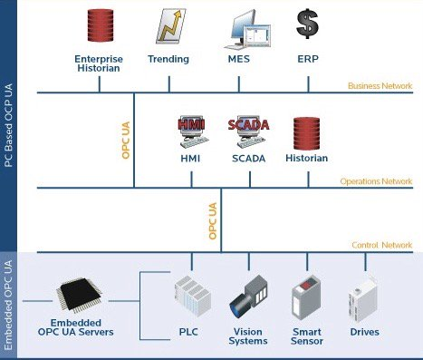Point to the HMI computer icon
pyautogui.click(x=191, y=133)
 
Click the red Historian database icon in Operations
pyautogui.click(x=307, y=133)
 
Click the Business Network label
pyautogui.click(x=380, y=86)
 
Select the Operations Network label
pyautogui.click(x=375, y=181)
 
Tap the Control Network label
pyautogui.click(x=381, y=246)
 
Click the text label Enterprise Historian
pyautogui.click(x=98, y=64)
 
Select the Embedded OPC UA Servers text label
pyautogui.click(x=83, y=328)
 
